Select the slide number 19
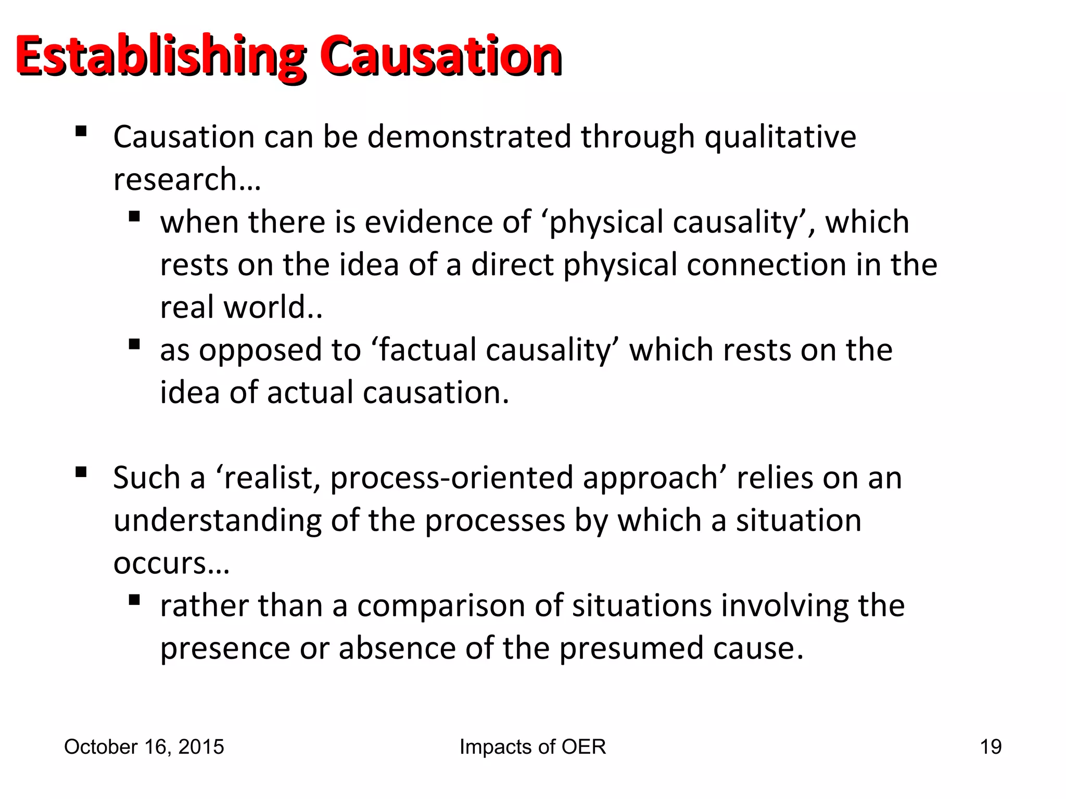coord(991,747)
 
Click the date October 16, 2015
coord(144,747)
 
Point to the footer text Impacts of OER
coord(532,747)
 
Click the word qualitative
coord(780,137)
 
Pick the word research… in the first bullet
coord(187,179)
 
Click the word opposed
coord(253,351)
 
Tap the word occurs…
coord(171,563)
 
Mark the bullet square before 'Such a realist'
coord(81,472)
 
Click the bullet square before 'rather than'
coord(134,600)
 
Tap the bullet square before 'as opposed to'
coord(134,344)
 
